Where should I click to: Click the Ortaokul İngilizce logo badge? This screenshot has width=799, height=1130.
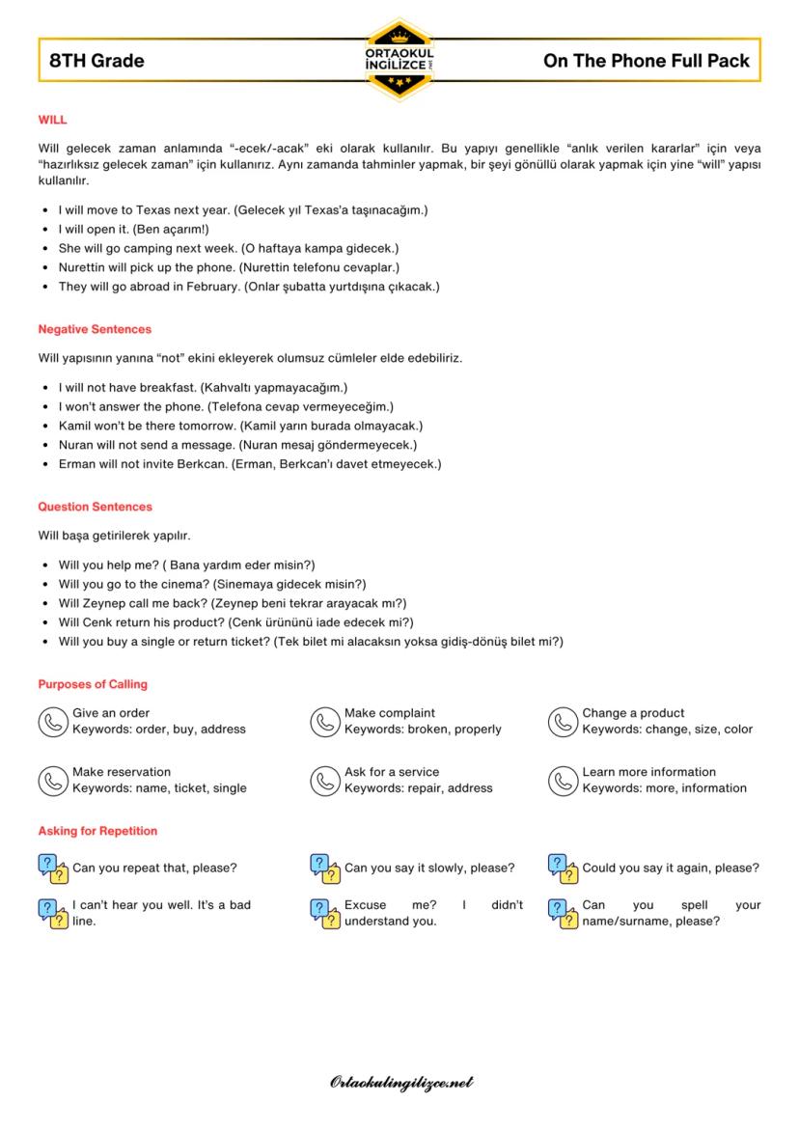(399, 60)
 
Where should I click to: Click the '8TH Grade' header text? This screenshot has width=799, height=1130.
(96, 61)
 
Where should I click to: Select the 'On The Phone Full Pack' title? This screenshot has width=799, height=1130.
(646, 61)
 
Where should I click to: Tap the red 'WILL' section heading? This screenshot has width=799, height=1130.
(52, 120)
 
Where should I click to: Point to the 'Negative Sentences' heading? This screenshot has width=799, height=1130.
(95, 329)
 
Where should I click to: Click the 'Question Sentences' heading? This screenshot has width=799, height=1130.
(95, 507)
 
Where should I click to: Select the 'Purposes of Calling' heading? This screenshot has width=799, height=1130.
(93, 684)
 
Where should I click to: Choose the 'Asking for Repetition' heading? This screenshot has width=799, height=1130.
(97, 831)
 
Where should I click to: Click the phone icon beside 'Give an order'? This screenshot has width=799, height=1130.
(51, 722)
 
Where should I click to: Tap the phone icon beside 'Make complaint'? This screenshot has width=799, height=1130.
(323, 722)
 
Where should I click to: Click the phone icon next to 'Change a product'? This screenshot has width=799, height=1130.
(562, 722)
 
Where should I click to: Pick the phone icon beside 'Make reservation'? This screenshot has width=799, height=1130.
(51, 781)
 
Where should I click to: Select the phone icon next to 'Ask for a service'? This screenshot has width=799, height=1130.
(323, 781)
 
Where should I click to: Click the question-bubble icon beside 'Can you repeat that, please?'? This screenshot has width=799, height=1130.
(52, 868)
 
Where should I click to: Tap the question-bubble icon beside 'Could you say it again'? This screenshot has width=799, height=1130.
(562, 868)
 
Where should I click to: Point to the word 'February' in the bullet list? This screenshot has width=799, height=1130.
(206, 287)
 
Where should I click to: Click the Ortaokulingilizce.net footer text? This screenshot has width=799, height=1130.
(400, 1083)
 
